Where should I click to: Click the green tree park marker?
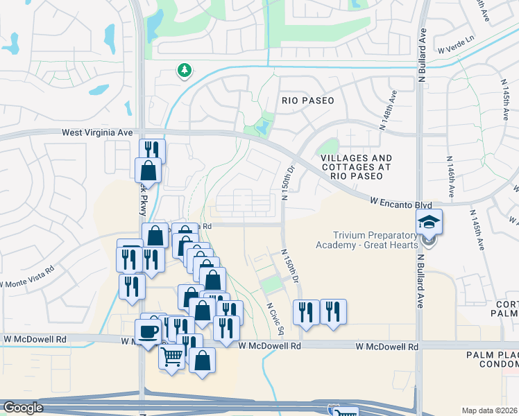click(184, 70)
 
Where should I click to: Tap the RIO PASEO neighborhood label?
click(307, 101)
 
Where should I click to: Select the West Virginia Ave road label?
click(97, 132)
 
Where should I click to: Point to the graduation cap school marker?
click(429, 223)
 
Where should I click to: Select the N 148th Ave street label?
click(388, 111)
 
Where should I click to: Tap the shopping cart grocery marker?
click(172, 356)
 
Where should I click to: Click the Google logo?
click(23, 408)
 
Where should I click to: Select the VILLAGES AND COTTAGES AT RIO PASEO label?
click(356, 167)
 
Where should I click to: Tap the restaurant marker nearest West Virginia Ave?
click(151, 150)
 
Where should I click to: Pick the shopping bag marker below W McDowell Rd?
click(202, 361)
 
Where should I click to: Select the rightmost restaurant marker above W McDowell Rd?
click(333, 312)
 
